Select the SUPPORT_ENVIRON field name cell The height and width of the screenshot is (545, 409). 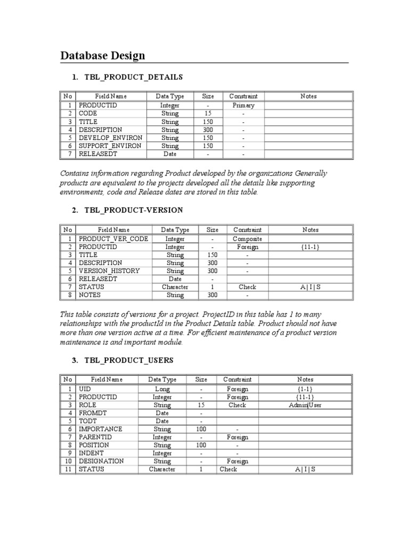click(110, 146)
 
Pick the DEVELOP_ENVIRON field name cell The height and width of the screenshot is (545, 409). click(110, 138)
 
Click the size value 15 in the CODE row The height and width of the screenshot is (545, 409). click(208, 113)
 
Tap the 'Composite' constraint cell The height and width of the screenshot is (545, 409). click(248, 239)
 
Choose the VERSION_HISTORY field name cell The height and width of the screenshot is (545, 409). click(109, 271)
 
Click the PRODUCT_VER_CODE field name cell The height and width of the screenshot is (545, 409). click(113, 239)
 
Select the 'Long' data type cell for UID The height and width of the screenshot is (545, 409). click(162, 389)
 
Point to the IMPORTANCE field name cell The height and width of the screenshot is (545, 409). click(101, 429)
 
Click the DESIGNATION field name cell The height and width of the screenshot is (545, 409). click(101, 461)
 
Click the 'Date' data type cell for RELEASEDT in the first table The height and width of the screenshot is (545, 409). click(170, 154)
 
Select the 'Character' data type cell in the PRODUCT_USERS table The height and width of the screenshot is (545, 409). click(162, 469)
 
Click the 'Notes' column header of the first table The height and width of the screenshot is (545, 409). click(308, 96)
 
